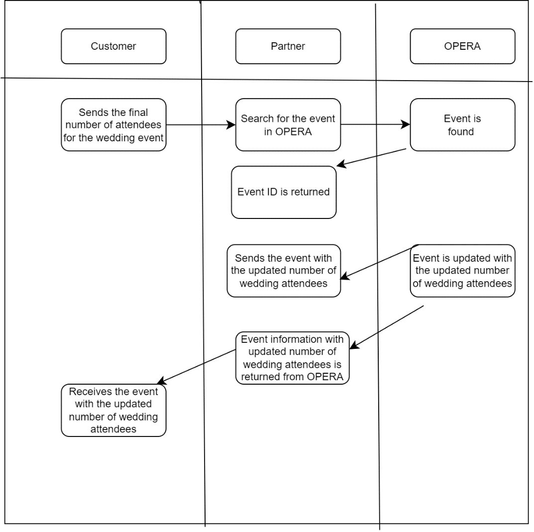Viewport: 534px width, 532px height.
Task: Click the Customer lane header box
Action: [113, 46]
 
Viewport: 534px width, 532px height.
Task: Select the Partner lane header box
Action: [288, 46]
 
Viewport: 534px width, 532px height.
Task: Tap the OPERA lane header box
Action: [462, 46]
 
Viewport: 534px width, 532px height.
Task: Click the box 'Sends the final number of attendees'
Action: [113, 124]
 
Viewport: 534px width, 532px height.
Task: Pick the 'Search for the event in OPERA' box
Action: [288, 124]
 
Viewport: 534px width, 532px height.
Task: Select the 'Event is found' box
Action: [462, 124]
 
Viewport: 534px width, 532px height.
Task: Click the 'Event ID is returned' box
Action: [284, 192]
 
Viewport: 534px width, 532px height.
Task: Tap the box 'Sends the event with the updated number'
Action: [284, 271]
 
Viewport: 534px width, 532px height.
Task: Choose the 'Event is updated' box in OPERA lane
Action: [462, 271]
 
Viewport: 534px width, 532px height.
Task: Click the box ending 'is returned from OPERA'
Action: [292, 358]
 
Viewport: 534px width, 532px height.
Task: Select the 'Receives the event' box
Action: [113, 410]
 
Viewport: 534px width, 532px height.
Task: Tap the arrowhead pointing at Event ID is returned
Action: [341, 164]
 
